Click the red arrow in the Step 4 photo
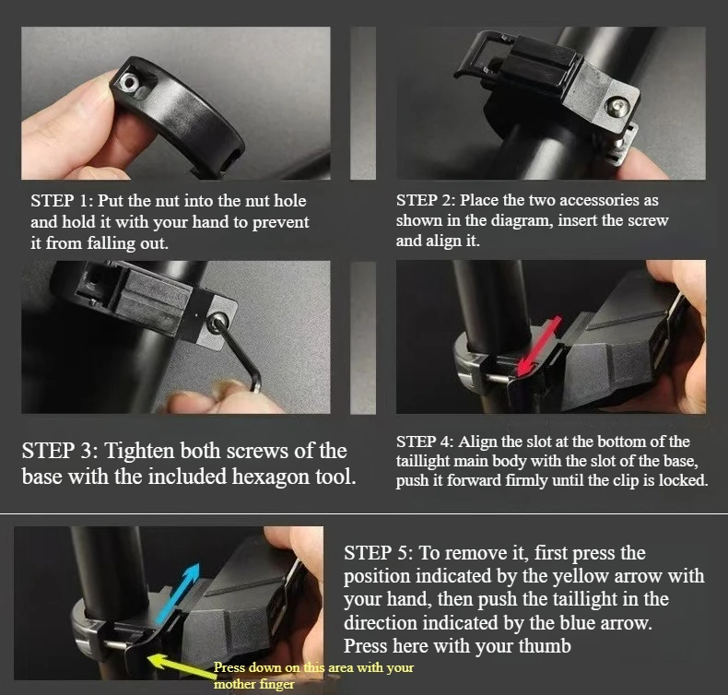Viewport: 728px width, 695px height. [x=539, y=346]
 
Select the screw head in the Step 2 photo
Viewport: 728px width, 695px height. [x=616, y=107]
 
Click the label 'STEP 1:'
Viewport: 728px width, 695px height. [x=63, y=201]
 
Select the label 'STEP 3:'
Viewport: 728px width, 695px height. [x=60, y=451]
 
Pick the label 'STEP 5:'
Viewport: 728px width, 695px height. [x=379, y=553]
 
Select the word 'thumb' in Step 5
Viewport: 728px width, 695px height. [x=545, y=646]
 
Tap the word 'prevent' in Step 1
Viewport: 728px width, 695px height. [x=280, y=223]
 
